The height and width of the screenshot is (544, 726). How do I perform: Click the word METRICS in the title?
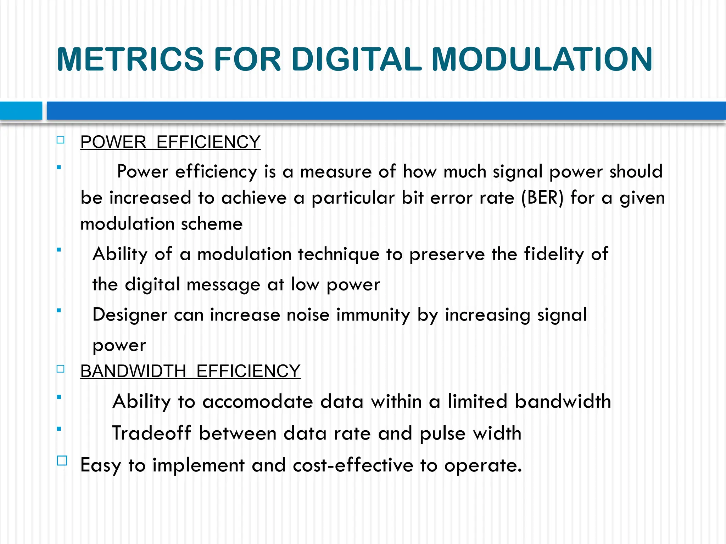tap(130, 59)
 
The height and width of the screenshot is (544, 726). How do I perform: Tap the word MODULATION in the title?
tap(542, 59)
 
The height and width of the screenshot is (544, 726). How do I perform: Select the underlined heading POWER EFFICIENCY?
tap(170, 142)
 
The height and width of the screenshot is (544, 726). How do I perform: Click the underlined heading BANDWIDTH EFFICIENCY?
tap(190, 371)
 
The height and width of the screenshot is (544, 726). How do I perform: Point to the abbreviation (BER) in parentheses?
tap(542, 198)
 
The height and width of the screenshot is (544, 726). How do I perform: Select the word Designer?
tap(130, 315)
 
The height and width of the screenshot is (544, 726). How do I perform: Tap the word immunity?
tap(373, 315)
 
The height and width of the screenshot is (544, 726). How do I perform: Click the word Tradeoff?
tap(152, 433)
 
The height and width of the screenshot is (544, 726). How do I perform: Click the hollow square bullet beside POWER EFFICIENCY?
tap(61, 140)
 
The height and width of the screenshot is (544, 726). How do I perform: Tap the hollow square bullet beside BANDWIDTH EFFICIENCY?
tap(61, 369)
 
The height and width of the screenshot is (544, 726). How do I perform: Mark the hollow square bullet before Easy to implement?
tap(62, 460)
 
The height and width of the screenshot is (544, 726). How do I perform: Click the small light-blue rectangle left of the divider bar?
tap(21, 110)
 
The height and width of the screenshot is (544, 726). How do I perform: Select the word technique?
tap(339, 255)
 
